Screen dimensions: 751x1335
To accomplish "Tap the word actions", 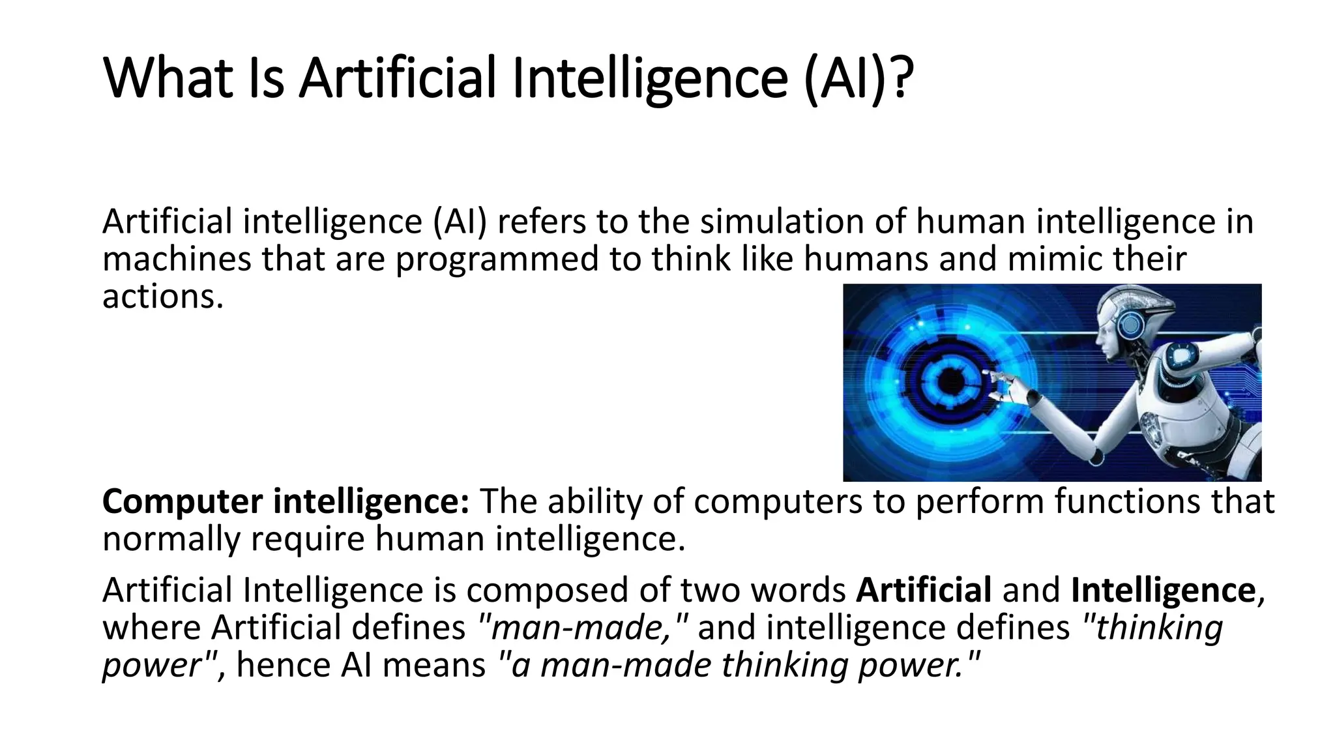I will coord(163,297).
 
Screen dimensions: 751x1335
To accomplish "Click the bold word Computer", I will coord(183,503).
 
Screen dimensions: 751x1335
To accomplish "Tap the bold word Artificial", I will coord(924,591).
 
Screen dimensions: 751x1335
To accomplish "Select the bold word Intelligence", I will coord(1164,591).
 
